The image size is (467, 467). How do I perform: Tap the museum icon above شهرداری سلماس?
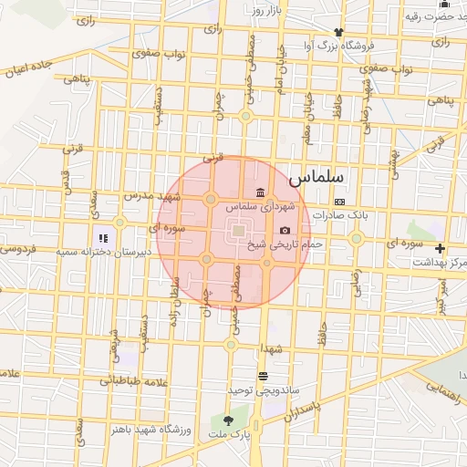tap(262, 192)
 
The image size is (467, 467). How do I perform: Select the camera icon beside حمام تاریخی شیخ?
tap(285, 231)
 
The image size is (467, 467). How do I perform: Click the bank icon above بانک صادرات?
tap(339, 202)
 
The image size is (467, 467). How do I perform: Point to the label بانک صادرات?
tap(338, 216)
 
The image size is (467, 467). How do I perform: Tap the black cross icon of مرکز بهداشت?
tap(441, 248)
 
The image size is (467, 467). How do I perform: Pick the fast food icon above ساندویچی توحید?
tap(263, 376)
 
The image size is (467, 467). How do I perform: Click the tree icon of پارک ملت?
tap(228, 420)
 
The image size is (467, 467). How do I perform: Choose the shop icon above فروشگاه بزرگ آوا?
tap(312, 33)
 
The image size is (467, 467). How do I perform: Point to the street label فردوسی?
tap(17, 249)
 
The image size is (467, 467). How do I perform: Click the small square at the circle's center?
tap(238, 231)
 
